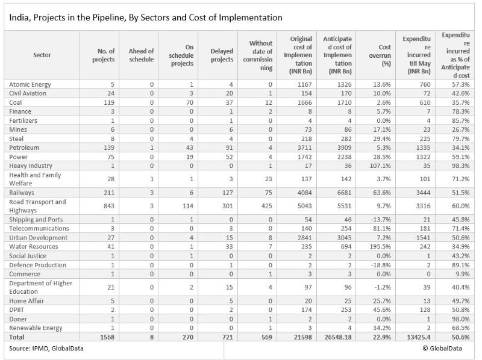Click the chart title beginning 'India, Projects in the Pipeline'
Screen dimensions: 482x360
click(146, 17)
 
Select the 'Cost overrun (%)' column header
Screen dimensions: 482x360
click(380, 55)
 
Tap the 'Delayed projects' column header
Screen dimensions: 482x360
click(222, 55)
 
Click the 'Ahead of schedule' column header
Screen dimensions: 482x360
click(141, 55)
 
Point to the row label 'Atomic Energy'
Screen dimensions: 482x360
click(30, 84)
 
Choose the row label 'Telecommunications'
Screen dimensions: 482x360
click(39, 229)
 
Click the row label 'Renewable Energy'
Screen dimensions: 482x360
click(36, 328)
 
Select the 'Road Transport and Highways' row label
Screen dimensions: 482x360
click(37, 206)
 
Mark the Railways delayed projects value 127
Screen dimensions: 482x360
click(228, 193)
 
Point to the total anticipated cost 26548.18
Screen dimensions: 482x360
click(338, 337)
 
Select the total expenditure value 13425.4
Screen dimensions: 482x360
click(418, 337)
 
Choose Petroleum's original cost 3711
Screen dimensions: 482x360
click(304, 147)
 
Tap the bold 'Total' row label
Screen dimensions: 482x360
click(17, 337)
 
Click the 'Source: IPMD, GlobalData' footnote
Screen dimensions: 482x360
click(46, 349)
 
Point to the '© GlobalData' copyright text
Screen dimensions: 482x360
click(442, 349)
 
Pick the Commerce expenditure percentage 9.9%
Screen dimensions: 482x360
click(463, 274)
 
